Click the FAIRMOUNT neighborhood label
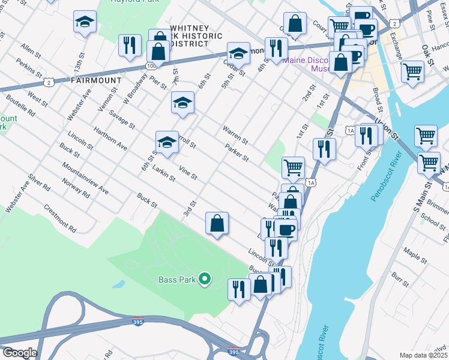[96, 80]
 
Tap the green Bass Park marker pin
[204, 278]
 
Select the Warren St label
[235, 134]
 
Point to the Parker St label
[237, 152]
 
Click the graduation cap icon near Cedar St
[238, 53]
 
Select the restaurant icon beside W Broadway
[130, 46]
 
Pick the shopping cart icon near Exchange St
[412, 71]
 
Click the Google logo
[19, 353]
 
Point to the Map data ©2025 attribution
[423, 355]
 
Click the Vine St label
[188, 172]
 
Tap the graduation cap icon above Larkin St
[167, 142]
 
